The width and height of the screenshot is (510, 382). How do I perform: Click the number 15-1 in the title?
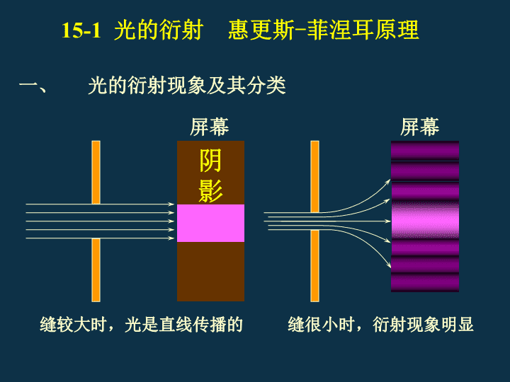81,30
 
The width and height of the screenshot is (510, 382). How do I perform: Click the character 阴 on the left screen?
210,161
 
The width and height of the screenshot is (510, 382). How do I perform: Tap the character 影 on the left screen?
210,191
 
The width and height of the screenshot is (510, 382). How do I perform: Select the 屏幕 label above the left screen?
210,127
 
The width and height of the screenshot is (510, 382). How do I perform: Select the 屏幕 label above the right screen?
419,127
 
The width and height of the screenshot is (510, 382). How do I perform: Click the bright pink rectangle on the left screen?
210,223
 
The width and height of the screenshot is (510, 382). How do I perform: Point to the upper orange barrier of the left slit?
96,173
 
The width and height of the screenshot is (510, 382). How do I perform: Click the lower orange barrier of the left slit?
96,270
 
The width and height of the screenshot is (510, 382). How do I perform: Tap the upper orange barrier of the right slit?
314,177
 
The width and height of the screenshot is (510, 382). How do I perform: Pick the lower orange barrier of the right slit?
314,266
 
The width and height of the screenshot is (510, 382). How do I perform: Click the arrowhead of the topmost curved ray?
388,182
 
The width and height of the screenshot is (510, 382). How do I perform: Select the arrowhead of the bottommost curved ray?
388,265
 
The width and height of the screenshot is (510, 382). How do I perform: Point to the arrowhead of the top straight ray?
171,204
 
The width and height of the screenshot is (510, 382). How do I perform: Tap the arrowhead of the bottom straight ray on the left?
171,238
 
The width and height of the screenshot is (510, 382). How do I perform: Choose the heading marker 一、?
33,87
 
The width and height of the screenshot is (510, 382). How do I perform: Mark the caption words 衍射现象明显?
423,324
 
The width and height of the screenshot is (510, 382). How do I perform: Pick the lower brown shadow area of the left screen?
210,272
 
